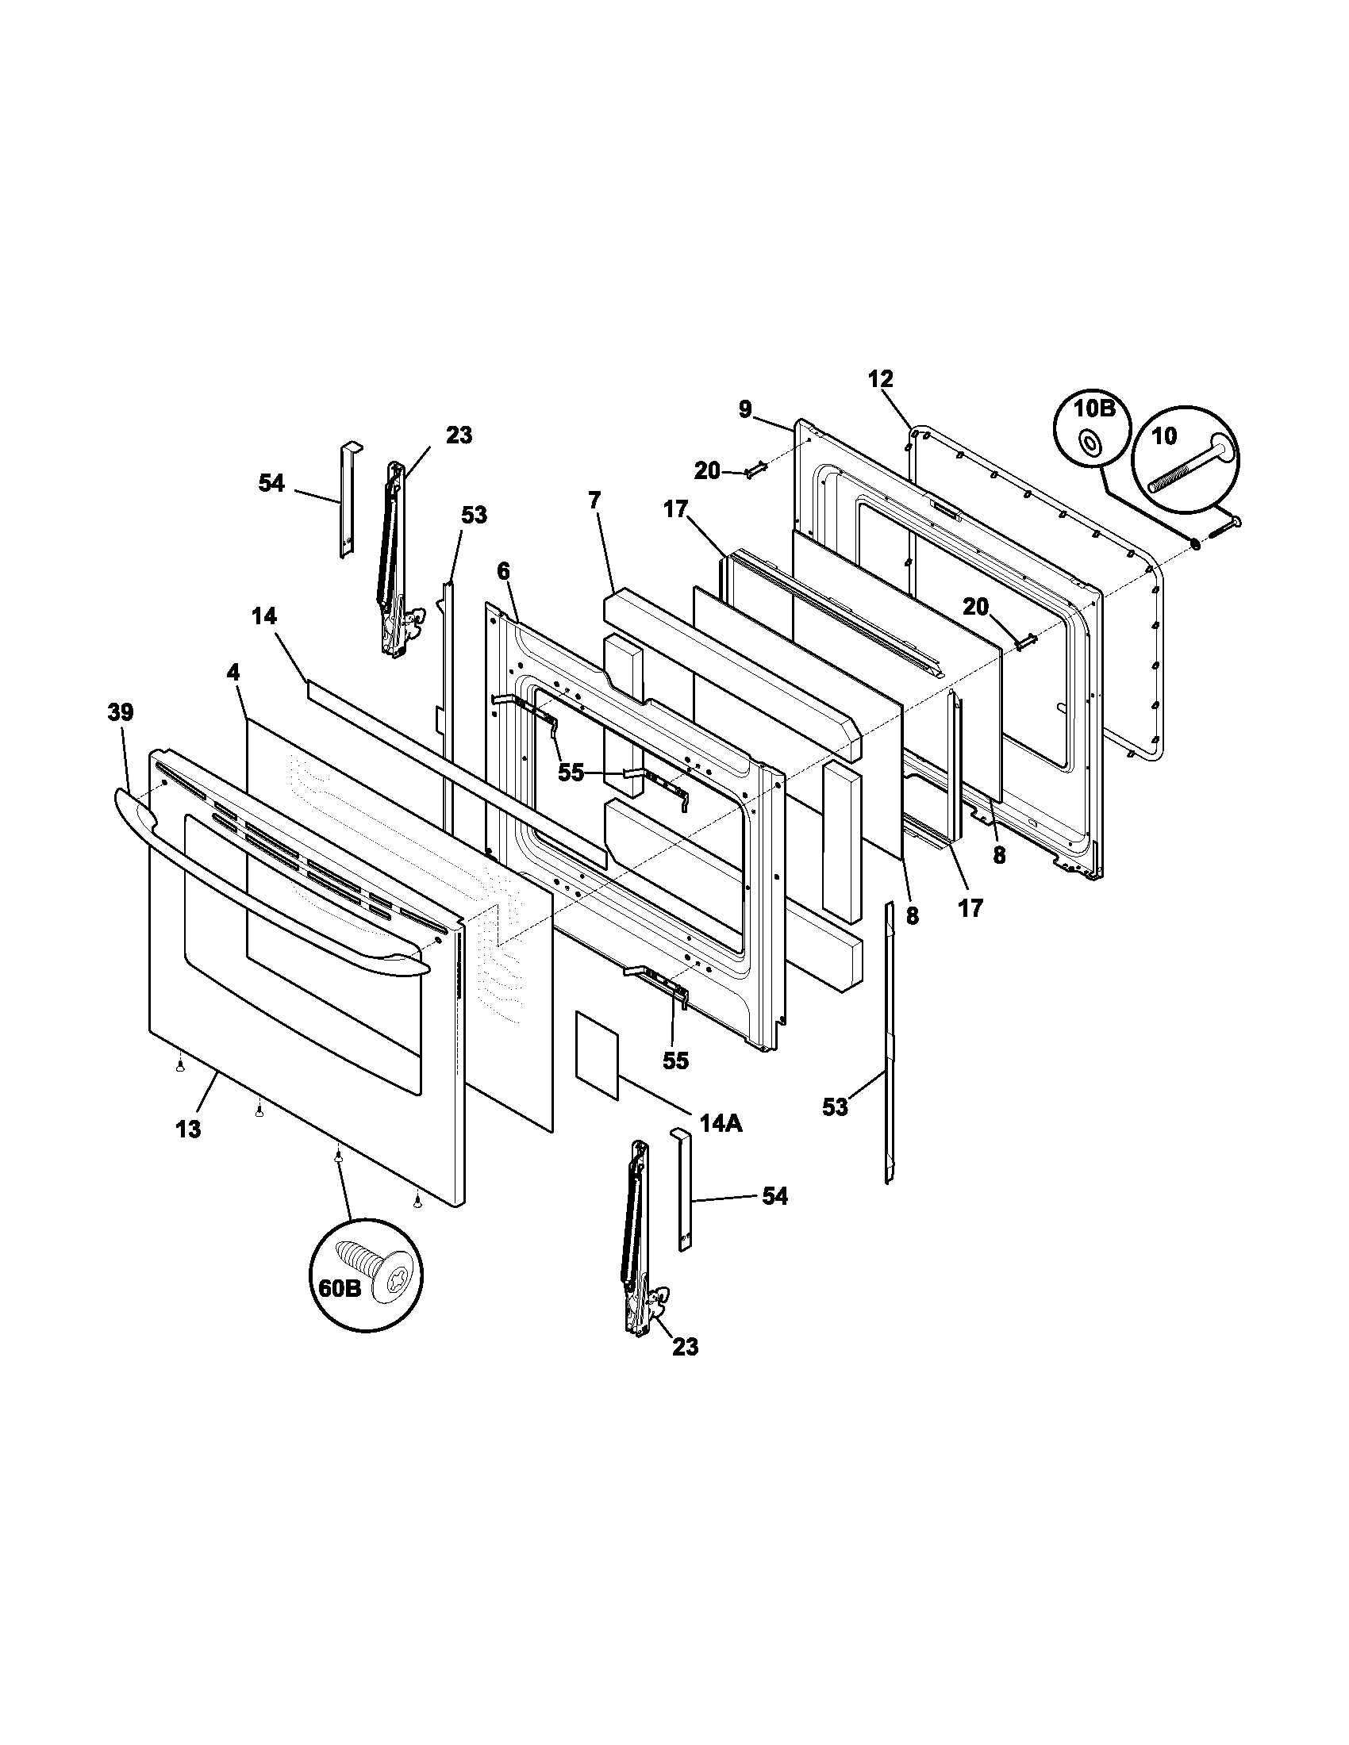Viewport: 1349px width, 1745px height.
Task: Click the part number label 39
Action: click(121, 712)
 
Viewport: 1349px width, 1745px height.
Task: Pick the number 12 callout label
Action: click(880, 379)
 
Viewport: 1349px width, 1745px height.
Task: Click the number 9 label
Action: click(745, 410)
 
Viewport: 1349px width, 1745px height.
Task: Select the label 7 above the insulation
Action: click(594, 501)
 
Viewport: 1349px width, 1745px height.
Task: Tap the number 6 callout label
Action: click(502, 571)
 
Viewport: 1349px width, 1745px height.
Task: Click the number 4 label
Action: click(233, 673)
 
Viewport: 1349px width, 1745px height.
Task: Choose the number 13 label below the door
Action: click(189, 1129)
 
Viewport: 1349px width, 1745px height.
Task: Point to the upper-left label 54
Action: click(271, 483)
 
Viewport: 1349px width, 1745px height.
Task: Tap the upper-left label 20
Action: click(707, 471)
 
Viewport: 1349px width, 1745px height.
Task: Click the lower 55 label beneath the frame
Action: click(675, 1060)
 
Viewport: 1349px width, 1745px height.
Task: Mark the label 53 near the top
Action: click(474, 516)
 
